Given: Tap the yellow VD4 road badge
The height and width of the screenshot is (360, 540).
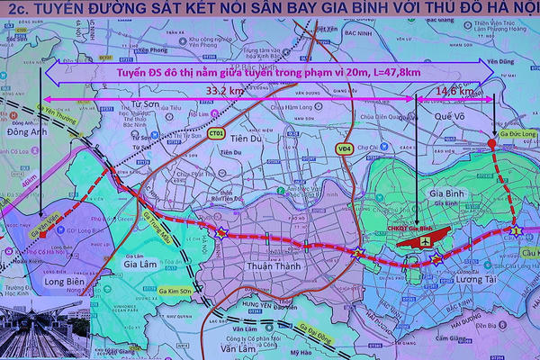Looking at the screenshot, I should (x=344, y=148).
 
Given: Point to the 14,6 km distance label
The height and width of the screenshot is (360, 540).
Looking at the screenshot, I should (x=454, y=91).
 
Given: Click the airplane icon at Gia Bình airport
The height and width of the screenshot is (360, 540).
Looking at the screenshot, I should (x=423, y=242).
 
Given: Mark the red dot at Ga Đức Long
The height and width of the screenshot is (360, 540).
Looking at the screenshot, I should (x=491, y=143).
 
